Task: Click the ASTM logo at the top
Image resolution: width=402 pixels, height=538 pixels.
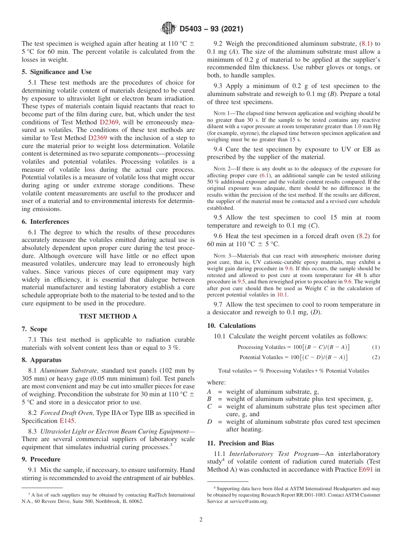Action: pos(168,29)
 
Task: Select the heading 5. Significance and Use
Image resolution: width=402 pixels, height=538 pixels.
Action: pos(56,72)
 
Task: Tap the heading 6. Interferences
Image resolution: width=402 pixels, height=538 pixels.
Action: pos(45,222)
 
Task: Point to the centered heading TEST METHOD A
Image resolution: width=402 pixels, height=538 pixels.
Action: pos(108,316)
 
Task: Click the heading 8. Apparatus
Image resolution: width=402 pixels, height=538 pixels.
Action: pos(41,360)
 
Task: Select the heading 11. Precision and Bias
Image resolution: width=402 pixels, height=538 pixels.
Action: pos(240,443)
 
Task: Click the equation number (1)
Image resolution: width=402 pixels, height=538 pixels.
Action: pos(376,347)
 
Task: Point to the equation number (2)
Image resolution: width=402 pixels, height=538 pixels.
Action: pos(376,357)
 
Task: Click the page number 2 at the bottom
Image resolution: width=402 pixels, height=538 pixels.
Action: pos(201,520)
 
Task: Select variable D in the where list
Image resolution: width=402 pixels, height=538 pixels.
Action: pos(209,422)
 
